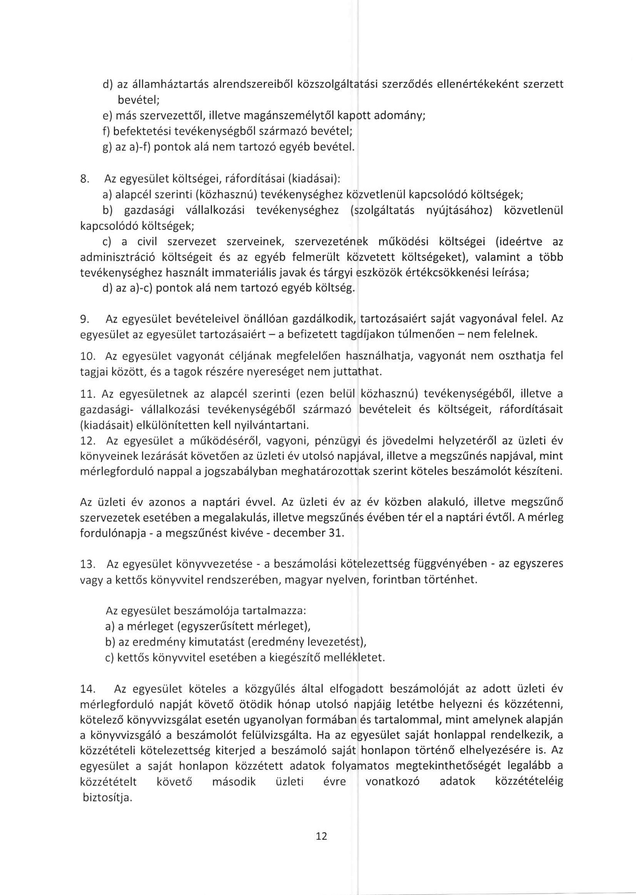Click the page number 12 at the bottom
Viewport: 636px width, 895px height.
pyautogui.click(x=321, y=837)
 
